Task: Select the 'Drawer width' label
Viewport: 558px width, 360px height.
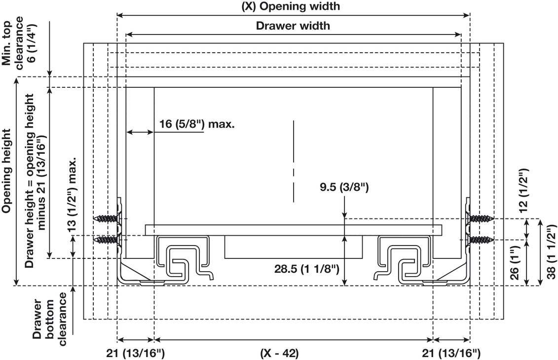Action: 293,26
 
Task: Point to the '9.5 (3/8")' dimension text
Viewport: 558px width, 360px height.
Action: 343,188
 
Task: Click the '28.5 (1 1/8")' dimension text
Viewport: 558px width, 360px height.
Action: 306,269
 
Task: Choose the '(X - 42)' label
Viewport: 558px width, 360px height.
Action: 279,353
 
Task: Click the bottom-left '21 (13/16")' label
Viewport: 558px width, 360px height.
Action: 136,353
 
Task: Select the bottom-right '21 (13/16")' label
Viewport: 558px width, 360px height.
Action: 451,353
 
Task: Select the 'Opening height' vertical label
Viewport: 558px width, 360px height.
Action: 6,171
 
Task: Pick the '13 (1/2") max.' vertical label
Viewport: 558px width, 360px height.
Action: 74,195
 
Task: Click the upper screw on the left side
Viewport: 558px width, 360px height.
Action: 107,218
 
